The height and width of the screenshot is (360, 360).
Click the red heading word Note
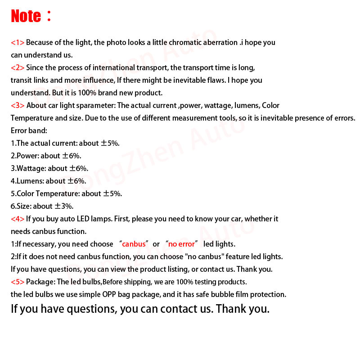point(26,16)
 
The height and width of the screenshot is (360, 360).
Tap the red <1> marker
point(18,43)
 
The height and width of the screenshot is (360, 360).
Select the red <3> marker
point(18,106)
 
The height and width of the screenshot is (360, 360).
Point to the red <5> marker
point(18,282)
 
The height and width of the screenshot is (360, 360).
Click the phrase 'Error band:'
point(29,131)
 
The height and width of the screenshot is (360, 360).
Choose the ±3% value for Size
point(64,207)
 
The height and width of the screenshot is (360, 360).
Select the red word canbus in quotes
point(134,244)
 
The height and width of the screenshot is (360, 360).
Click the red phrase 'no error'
point(182,244)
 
